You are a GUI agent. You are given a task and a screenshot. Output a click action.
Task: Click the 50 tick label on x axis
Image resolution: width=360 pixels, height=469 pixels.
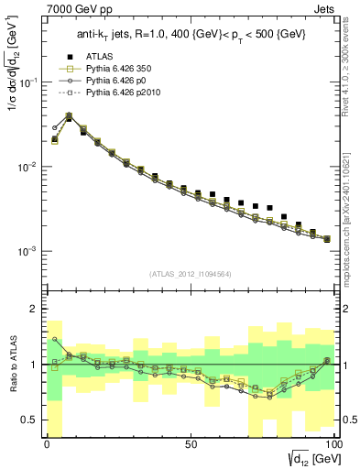pos(191,443)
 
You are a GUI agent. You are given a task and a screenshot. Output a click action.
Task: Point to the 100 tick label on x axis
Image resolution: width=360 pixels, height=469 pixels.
pos(333,443)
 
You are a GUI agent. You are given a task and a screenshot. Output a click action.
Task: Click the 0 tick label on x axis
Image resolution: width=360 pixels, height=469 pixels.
pos(48,443)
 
